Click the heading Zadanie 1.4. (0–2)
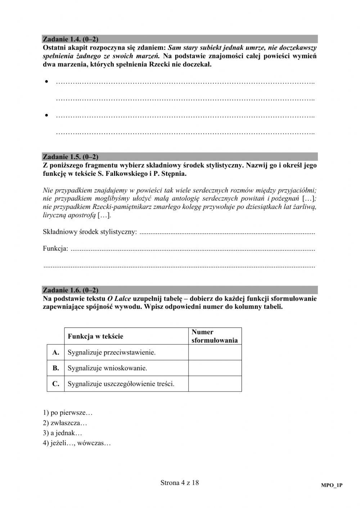[x=71, y=39]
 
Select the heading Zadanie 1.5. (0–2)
[x=71, y=157]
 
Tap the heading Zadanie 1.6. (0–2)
[x=71, y=290]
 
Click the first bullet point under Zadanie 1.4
[x=47, y=82]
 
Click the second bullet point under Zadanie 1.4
[x=47, y=115]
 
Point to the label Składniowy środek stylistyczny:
[x=90, y=232]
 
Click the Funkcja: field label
[x=55, y=248]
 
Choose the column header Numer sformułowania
[x=215, y=336]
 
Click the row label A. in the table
[x=56, y=352]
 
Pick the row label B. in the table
[x=56, y=368]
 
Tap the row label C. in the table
[x=56, y=384]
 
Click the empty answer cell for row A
[x=215, y=352]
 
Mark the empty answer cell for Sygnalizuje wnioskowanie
[x=215, y=368]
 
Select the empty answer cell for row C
[x=215, y=384]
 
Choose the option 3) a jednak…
[x=63, y=433]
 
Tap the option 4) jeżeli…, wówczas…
[x=77, y=443]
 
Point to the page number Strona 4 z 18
[x=180, y=483]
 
